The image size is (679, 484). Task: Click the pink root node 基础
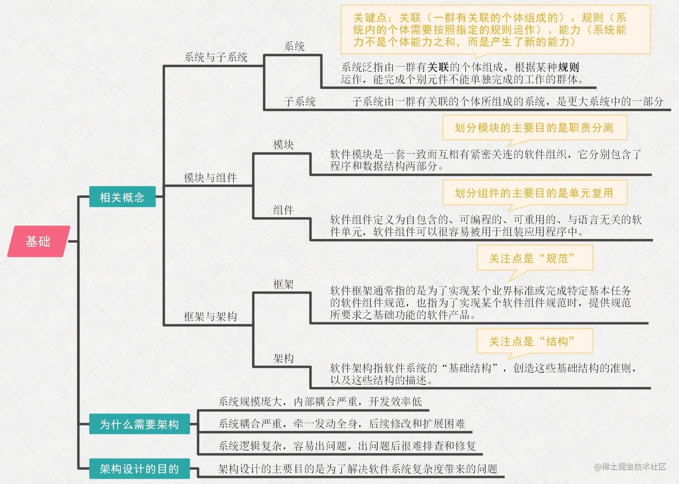38,241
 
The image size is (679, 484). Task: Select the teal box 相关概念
122,197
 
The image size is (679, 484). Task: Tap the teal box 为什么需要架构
139,424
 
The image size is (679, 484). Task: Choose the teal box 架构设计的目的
139,469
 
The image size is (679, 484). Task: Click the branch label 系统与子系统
216,57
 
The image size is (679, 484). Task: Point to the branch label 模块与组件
210,178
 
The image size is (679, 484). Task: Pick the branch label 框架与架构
210,316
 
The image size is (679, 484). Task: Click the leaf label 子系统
300,102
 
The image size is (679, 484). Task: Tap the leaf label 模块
283,145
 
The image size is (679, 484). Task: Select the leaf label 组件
283,210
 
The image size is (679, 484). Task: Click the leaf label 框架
283,284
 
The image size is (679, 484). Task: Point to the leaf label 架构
283,358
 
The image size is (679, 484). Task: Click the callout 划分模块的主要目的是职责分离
534,128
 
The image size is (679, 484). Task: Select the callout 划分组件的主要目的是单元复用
534,193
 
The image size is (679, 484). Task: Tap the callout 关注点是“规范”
534,258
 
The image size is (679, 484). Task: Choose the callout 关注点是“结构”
534,342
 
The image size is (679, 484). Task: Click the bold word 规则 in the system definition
569,67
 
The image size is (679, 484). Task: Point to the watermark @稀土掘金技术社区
630,467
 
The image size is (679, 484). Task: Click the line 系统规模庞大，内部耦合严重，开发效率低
320,401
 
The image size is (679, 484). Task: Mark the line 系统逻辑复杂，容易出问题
347,446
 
